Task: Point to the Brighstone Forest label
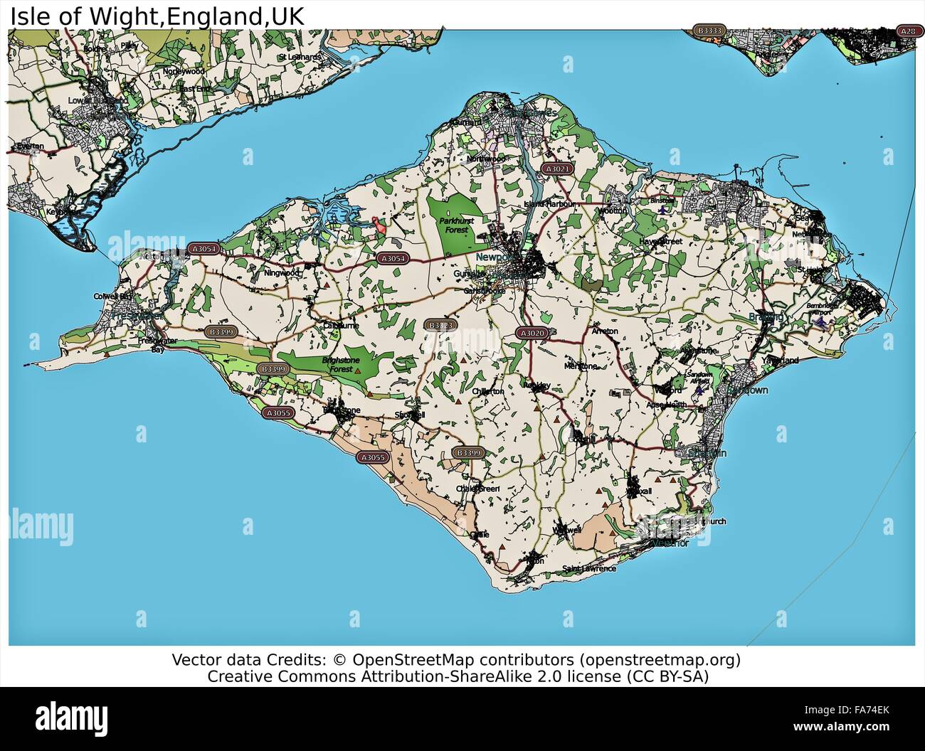(338, 364)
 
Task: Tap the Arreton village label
(604, 331)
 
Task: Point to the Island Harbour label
(544, 204)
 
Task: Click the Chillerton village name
(488, 391)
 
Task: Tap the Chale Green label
(478, 489)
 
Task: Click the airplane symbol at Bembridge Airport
(823, 321)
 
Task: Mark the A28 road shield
(907, 31)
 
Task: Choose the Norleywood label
(183, 72)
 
